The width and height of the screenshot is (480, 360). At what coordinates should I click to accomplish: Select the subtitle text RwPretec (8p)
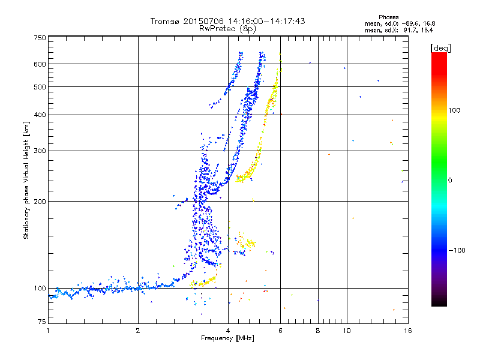click(227, 29)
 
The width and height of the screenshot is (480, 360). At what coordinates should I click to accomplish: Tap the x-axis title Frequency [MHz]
click(227, 338)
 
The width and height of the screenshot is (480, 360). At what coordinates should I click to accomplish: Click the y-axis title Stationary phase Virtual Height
click(26, 190)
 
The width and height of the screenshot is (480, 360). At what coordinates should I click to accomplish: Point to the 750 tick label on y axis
click(40, 38)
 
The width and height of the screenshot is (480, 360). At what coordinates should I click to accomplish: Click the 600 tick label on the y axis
click(40, 64)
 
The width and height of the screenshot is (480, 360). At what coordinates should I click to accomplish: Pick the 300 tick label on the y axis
click(40, 151)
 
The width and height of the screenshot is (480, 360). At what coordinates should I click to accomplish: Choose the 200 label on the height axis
click(40, 202)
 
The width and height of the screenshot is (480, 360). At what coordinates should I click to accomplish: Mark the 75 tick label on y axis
click(42, 322)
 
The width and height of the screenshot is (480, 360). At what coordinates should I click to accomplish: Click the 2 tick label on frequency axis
click(138, 331)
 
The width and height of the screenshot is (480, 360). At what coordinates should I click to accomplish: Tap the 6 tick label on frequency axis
click(280, 331)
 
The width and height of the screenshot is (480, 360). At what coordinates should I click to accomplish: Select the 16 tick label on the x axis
click(408, 331)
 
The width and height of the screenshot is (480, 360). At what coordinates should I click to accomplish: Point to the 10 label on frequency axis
click(347, 331)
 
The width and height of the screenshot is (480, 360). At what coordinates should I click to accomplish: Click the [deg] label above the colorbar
click(440, 48)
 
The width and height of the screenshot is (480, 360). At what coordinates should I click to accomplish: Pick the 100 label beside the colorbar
click(454, 110)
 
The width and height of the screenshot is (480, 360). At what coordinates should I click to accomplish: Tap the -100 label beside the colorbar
click(457, 250)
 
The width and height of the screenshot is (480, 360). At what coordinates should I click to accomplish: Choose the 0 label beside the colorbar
click(450, 181)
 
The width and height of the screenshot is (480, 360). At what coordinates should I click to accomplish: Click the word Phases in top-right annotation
click(388, 17)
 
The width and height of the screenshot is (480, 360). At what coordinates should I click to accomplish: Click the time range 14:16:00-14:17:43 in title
click(266, 21)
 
